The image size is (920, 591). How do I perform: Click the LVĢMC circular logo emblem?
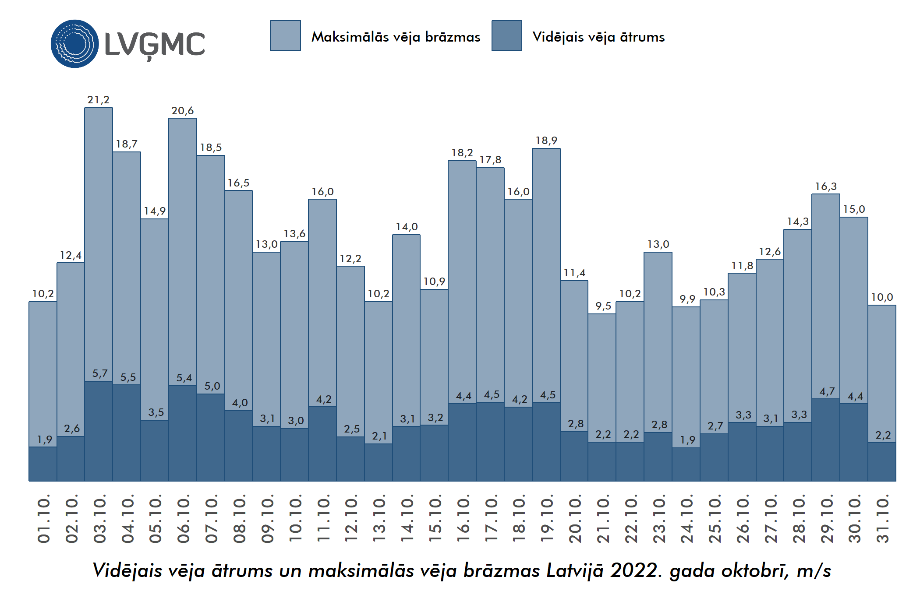coord(74,44)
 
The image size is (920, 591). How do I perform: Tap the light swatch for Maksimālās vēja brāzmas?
coord(285,35)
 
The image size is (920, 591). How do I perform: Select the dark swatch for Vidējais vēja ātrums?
coord(506,35)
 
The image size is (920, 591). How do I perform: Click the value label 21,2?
coord(98,100)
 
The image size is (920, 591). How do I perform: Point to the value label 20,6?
coord(182,111)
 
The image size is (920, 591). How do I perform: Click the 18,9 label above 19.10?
coord(546,141)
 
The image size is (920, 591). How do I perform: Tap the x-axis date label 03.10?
coord(99,519)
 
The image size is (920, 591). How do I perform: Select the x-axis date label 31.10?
coord(882,519)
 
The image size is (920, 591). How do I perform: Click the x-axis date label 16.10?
coord(463,519)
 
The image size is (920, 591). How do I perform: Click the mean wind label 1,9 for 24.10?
coord(687,440)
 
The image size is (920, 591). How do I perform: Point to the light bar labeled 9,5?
coord(602,376)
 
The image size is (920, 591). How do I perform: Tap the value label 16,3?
coord(826,186)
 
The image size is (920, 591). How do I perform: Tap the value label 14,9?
coord(155,211)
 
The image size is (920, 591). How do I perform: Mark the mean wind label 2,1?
coord(379,436)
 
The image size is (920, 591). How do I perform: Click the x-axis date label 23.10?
coord(659,519)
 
